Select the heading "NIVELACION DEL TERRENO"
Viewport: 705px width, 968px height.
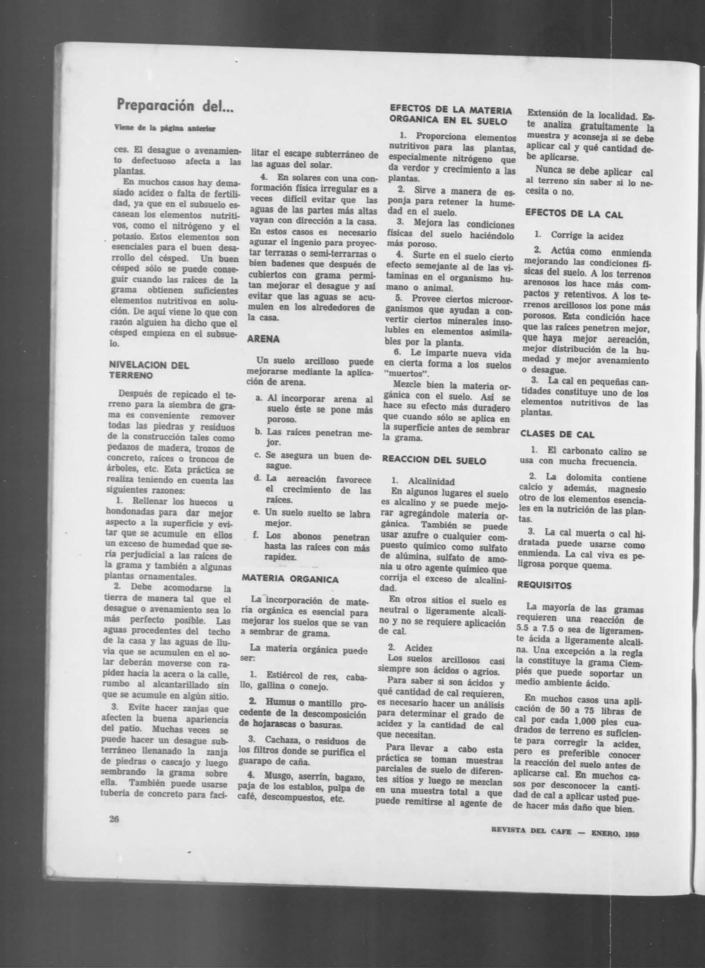[x=149, y=370]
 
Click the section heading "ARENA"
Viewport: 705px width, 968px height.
[x=263, y=339]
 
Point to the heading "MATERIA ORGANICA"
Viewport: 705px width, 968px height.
[x=289, y=580]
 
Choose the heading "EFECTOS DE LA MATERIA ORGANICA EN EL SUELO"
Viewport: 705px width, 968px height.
[x=450, y=114]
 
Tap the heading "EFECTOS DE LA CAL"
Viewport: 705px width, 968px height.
[x=574, y=214]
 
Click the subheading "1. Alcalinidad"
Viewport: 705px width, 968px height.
[x=423, y=482]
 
